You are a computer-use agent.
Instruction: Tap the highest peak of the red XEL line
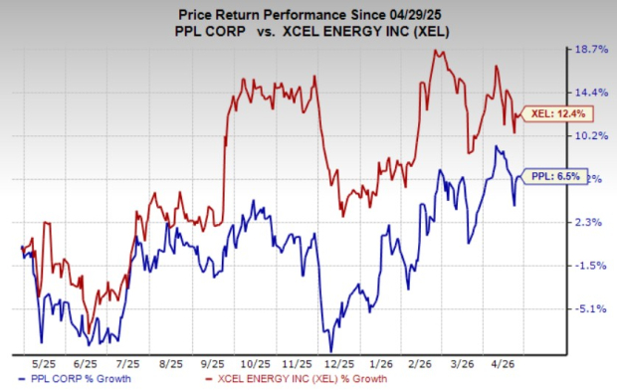pyautogui.click(x=435, y=51)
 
